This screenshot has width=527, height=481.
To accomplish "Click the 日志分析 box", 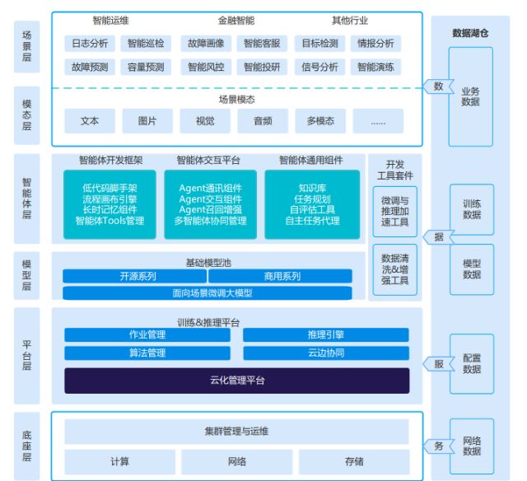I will click(x=89, y=43).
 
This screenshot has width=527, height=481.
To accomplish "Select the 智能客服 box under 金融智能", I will click(x=263, y=43).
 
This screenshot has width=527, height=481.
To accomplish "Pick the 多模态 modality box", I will click(x=320, y=121).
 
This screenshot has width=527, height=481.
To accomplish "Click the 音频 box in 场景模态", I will click(x=263, y=121).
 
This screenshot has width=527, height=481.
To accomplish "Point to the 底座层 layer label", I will click(x=26, y=446).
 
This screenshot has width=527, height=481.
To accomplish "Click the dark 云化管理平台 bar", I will click(x=236, y=381).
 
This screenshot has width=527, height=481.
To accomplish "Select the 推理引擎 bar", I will click(x=325, y=334).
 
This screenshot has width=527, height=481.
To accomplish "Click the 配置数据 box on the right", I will click(x=471, y=364).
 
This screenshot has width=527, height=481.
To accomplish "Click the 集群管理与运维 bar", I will click(x=236, y=431).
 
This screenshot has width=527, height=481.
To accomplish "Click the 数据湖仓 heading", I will click(x=471, y=34).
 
